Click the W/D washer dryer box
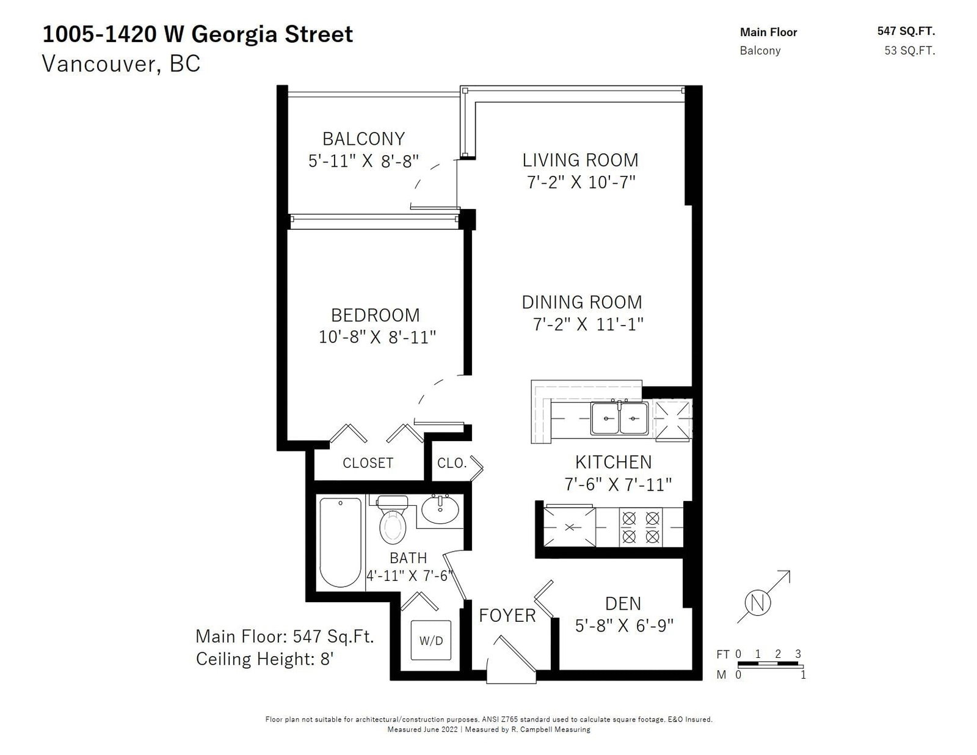tap(430, 640)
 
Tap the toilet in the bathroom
tap(393, 519)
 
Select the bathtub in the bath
tap(340, 542)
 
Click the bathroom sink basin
tap(440, 509)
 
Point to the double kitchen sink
tap(620, 418)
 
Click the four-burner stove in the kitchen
tap(641, 527)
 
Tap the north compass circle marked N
tap(758, 602)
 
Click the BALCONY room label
tap(364, 139)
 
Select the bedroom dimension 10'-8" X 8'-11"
tap(377, 337)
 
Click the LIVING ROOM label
tap(580, 160)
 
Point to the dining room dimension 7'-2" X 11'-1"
tap(588, 324)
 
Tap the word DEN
tap(623, 604)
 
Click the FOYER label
tap(507, 616)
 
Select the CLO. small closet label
tap(451, 463)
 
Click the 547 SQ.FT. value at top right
tap(906, 31)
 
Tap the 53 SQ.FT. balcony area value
tap(910, 50)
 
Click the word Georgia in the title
tap(233, 35)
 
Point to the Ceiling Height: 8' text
tap(264, 658)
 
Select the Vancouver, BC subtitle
tap(121, 64)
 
